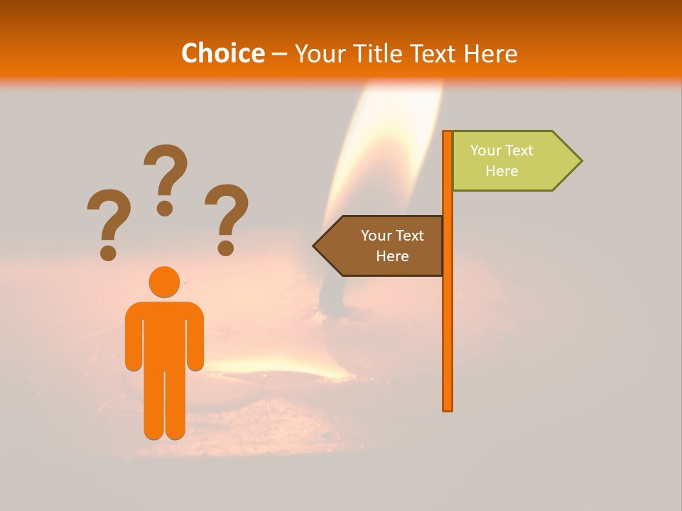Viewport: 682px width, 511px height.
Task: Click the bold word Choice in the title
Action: [222, 54]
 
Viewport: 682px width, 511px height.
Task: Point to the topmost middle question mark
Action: [166, 177]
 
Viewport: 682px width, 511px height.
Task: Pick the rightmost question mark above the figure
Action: [227, 216]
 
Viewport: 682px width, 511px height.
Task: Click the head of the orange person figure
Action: [164, 282]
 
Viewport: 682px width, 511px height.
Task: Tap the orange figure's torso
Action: [164, 334]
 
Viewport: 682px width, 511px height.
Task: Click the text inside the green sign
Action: [502, 161]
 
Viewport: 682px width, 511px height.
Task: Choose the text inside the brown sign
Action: [392, 246]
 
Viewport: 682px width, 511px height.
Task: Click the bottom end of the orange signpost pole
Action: [448, 407]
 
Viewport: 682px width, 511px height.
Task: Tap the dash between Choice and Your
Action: [279, 54]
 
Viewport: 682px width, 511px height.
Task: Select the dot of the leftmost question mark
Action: [108, 253]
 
